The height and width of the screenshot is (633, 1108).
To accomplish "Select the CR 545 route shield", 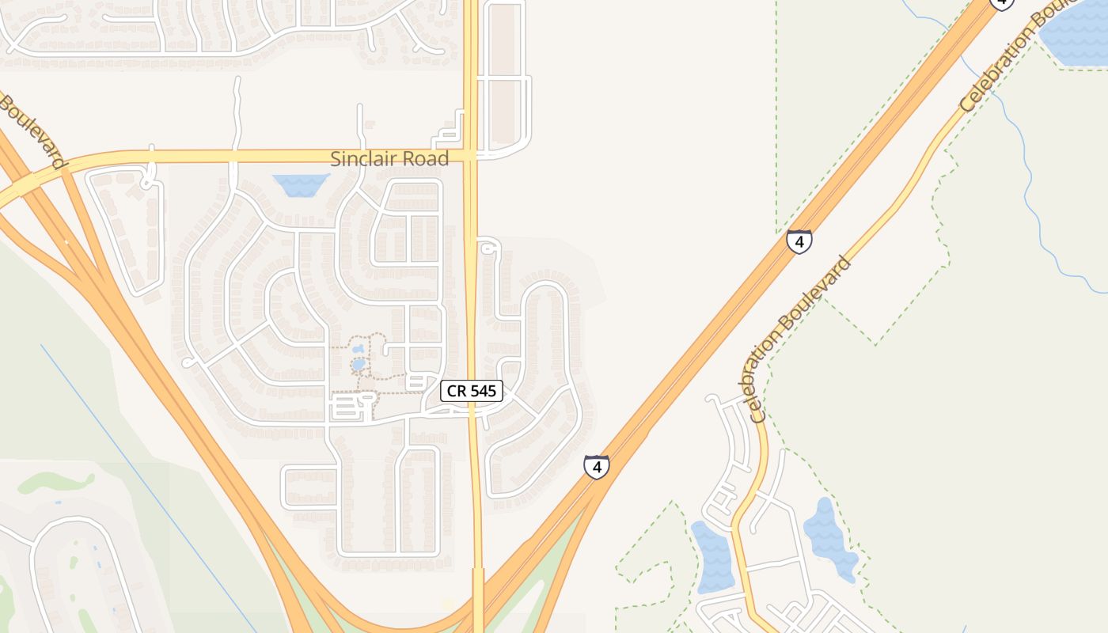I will pyautogui.click(x=472, y=390).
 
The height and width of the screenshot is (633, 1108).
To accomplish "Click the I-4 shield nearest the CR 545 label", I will pyautogui.click(x=597, y=467).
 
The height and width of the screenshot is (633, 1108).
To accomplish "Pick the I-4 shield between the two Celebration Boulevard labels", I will pyautogui.click(x=799, y=241).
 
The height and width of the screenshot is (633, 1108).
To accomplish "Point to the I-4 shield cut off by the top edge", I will pyautogui.click(x=1002, y=3).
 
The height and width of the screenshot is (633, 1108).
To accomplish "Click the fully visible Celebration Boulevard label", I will pyautogui.click(x=799, y=338).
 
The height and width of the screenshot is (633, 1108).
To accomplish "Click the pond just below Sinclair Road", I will pyautogui.click(x=302, y=185).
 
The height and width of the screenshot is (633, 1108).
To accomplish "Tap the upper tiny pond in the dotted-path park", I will pyautogui.click(x=359, y=348).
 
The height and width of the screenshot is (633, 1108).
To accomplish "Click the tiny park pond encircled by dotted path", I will pyautogui.click(x=359, y=365).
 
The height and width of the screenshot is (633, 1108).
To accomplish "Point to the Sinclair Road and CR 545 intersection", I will pyautogui.click(x=471, y=156).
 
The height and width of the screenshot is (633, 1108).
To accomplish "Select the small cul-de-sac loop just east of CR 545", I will pyautogui.click(x=488, y=249).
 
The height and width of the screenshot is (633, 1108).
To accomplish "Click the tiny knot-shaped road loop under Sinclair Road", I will pyautogui.click(x=147, y=183).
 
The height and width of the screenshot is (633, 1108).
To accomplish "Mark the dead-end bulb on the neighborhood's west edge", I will pyautogui.click(x=186, y=363).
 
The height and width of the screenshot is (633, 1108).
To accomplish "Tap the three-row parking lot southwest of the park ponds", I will pyautogui.click(x=346, y=408).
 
